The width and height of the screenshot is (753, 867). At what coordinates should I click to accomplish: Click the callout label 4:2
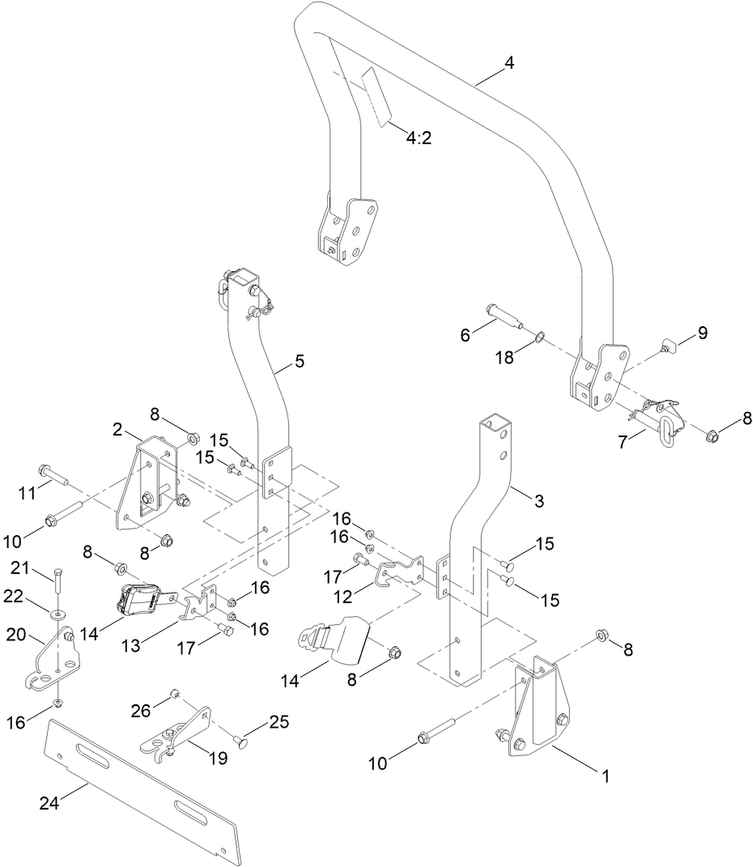[418, 138]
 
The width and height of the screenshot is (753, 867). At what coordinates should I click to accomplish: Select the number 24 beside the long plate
[49, 803]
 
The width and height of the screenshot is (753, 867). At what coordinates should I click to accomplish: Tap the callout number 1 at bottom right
[604, 776]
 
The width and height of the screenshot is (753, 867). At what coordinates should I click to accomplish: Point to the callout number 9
[701, 332]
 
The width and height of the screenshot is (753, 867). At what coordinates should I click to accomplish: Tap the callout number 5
[300, 362]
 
